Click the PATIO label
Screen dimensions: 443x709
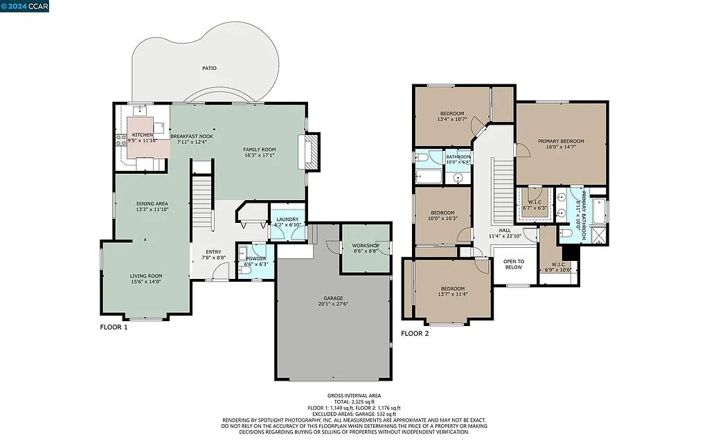click(209, 69)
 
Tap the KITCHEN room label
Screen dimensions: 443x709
click(143, 135)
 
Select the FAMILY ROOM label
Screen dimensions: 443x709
click(259, 150)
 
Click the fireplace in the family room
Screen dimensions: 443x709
click(309, 152)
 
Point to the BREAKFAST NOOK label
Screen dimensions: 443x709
click(192, 136)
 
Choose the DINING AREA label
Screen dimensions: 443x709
click(152, 204)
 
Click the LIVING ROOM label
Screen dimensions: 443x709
click(145, 276)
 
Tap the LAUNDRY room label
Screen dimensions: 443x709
click(287, 219)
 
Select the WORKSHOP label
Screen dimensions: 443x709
click(365, 246)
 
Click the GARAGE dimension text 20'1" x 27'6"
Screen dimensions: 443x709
click(333, 304)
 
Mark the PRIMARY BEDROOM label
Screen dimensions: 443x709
click(561, 141)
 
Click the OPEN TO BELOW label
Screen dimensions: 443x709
click(514, 264)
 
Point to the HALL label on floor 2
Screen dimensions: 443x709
click(504, 230)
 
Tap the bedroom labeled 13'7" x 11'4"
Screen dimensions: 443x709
click(453, 293)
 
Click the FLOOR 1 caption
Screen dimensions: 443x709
click(114, 327)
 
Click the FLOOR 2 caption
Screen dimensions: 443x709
click(415, 333)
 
